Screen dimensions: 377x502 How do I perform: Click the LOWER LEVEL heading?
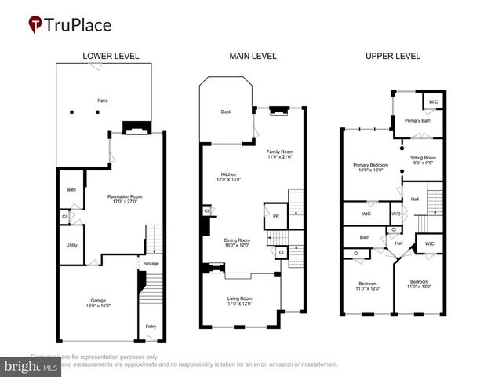(111, 56)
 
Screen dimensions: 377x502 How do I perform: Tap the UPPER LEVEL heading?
(393, 56)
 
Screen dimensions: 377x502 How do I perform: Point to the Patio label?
(102, 101)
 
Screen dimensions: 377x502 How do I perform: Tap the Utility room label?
(71, 245)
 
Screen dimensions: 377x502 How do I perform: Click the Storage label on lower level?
(151, 263)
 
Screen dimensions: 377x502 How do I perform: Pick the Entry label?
(151, 326)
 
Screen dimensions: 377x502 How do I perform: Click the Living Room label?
(240, 298)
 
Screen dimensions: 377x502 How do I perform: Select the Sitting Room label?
(423, 158)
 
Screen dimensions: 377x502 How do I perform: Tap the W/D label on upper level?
(396, 214)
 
